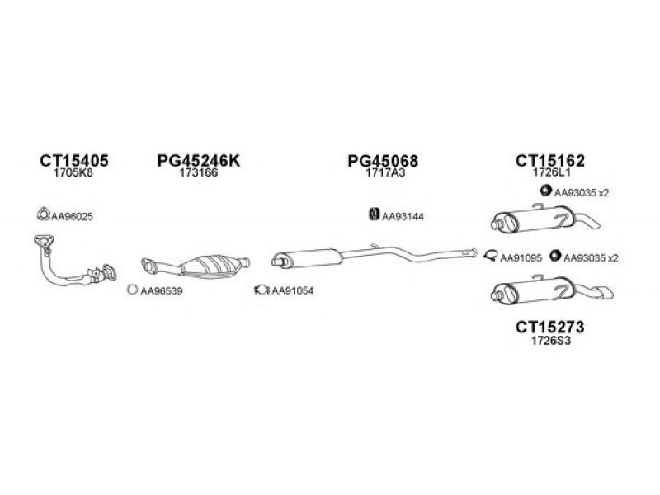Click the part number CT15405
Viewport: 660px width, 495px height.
pyautogui.click(x=74, y=160)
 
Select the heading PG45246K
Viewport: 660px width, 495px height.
pyautogui.click(x=199, y=160)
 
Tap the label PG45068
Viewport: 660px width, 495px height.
pyautogui.click(x=383, y=161)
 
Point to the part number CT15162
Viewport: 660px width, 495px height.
pyautogui.click(x=550, y=160)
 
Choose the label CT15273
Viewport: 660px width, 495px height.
pyautogui.click(x=550, y=327)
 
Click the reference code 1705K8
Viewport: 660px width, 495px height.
pyautogui.click(x=73, y=172)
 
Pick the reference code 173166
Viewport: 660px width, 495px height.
pyautogui.click(x=199, y=172)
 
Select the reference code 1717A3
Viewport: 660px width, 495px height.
pyautogui.click(x=385, y=172)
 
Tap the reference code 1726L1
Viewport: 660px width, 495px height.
pyautogui.click(x=551, y=172)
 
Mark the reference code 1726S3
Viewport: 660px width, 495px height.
pyautogui.click(x=551, y=341)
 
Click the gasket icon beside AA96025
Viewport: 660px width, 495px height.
pyautogui.click(x=43, y=214)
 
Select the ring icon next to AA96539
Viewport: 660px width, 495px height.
pyautogui.click(x=133, y=290)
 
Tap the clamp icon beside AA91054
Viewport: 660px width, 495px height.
pyautogui.click(x=262, y=290)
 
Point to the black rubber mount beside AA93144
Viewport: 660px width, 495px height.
pyautogui.click(x=374, y=214)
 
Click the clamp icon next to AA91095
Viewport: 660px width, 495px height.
pyautogui.click(x=491, y=255)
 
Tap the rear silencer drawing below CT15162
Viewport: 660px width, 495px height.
pyautogui.click(x=545, y=219)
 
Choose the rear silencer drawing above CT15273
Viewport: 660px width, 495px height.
pyautogui.click(x=551, y=290)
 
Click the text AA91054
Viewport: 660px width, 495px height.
pyautogui.click(x=293, y=290)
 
